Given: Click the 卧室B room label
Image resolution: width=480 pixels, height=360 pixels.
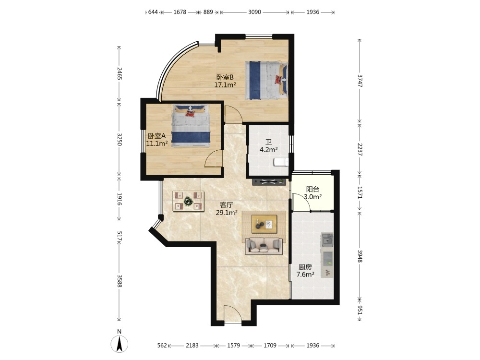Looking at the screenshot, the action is pos(225,77).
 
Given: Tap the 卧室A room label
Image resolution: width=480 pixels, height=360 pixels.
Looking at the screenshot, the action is pos(157,136).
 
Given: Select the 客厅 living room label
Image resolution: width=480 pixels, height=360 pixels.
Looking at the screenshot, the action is pos(227,205).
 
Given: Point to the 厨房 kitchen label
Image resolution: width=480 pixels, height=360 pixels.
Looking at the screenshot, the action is pos(305,267).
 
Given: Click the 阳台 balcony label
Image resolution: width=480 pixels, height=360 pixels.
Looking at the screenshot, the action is pos(312,190).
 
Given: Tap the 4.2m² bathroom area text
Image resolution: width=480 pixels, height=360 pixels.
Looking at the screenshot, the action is pos(268,150).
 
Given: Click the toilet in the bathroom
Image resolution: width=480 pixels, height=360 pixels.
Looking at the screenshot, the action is pos(281,162).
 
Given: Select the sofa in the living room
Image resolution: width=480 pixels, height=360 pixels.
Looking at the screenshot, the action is pos(264,246).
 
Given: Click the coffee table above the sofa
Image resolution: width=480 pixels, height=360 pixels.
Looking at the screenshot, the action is pos(264,224).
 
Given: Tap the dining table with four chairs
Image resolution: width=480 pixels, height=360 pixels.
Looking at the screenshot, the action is pos(188,201).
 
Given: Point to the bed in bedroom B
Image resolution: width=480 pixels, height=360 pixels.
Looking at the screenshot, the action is pos(266,81).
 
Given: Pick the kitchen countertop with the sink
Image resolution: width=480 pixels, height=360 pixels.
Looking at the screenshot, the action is pos(327,255).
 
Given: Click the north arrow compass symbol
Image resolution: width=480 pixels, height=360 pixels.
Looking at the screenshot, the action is pos(120,344).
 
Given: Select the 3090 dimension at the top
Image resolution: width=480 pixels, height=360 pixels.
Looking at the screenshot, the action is pos(254,12).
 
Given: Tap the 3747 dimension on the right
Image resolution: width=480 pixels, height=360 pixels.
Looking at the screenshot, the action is pos(360,81).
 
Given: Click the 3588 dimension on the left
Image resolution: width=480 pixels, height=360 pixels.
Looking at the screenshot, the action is pos(120,281).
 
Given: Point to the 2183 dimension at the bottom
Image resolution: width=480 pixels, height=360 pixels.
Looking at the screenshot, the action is pos(192,346).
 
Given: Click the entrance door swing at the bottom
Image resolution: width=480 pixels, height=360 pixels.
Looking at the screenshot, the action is pos(233,314).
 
